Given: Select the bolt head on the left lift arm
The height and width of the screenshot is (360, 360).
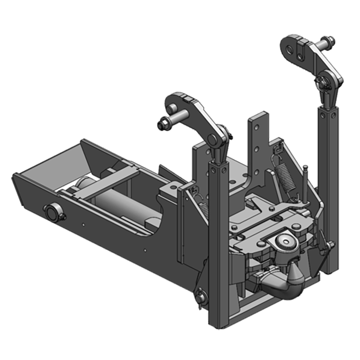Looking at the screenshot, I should pyautogui.click(x=162, y=125).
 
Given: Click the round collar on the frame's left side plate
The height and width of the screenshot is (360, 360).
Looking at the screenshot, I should pyautogui.click(x=53, y=213).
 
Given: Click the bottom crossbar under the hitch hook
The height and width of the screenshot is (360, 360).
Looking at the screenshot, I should pyautogui.click(x=270, y=310).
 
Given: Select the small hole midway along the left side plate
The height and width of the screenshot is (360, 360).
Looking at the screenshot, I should pyautogui.click(x=84, y=223).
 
